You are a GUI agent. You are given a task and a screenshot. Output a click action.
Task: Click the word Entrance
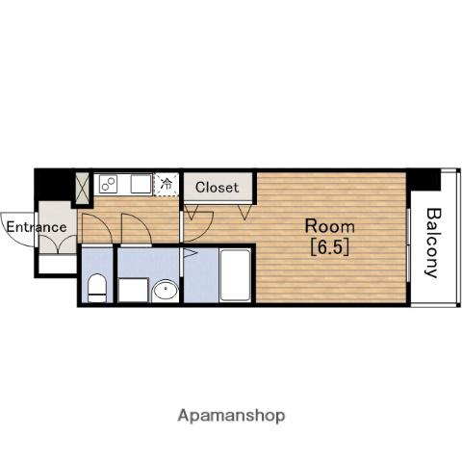[x=37, y=227]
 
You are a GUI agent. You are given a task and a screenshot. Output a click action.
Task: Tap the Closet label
[x=217, y=188]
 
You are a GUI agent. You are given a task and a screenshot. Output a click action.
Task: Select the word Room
[x=329, y=226]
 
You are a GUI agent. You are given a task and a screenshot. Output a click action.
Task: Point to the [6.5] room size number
[x=329, y=247]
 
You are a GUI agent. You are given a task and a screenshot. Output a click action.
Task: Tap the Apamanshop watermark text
[x=231, y=416]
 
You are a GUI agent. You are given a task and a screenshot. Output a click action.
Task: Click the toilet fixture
[x=97, y=288]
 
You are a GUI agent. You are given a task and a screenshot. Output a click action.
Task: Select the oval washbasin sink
[x=166, y=291]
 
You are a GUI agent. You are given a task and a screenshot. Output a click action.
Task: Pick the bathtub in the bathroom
[x=236, y=275]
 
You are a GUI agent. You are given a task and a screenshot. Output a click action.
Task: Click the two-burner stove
[x=109, y=184]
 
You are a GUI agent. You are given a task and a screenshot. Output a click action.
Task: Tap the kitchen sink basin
[x=141, y=184]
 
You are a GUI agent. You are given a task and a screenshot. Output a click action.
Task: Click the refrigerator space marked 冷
[x=166, y=184]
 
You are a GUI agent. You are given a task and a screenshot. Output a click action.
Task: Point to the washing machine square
[x=133, y=290]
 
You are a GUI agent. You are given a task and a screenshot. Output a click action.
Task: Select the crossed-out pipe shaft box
[x=83, y=189]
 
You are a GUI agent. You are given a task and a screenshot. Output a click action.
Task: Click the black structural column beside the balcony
[x=423, y=180]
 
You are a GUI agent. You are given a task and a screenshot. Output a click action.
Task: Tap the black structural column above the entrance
[x=54, y=184]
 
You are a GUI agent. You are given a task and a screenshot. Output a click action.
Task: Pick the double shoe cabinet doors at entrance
[x=58, y=244]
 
